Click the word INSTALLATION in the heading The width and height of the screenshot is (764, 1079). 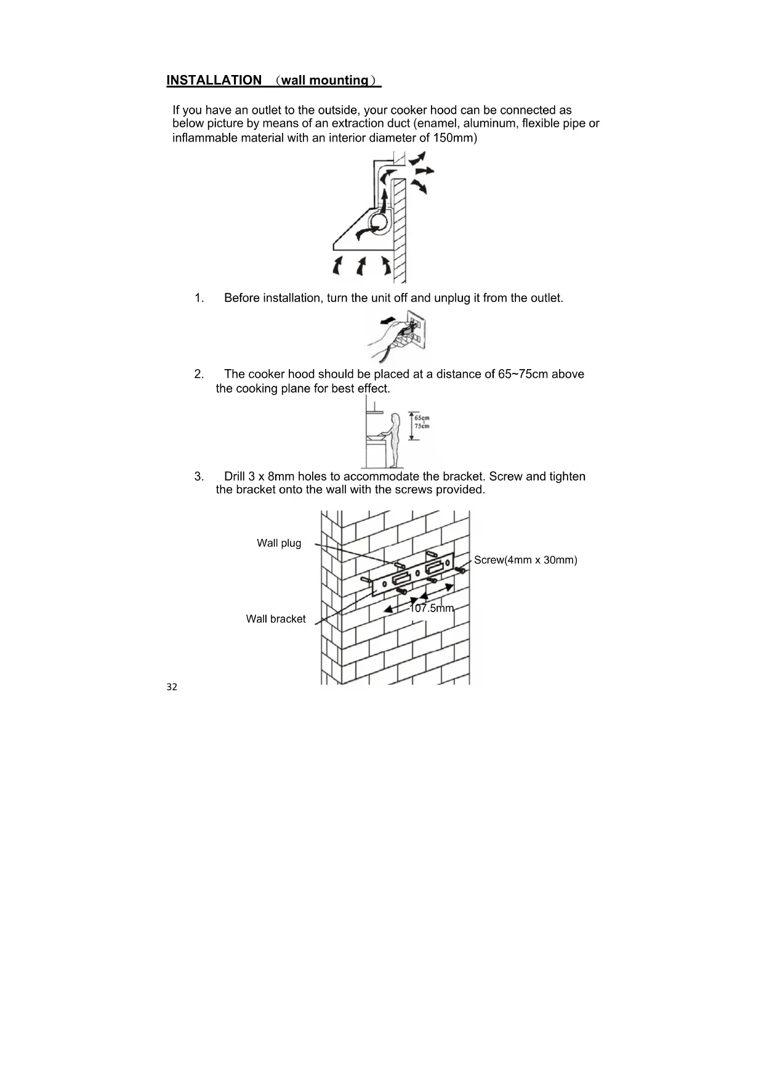click(214, 81)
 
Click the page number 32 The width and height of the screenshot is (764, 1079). click(172, 687)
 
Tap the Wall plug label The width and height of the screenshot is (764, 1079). click(279, 543)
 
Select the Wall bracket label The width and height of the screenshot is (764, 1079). click(276, 619)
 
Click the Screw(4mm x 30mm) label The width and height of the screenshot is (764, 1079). click(525, 560)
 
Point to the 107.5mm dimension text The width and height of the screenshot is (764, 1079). click(432, 608)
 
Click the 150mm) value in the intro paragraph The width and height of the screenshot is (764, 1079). click(455, 138)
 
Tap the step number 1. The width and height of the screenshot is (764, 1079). click(199, 298)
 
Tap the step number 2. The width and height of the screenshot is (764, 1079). click(199, 374)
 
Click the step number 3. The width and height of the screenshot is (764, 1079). click(199, 477)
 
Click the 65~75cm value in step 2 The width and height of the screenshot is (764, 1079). click(523, 374)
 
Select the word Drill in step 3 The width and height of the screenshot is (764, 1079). click(235, 477)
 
